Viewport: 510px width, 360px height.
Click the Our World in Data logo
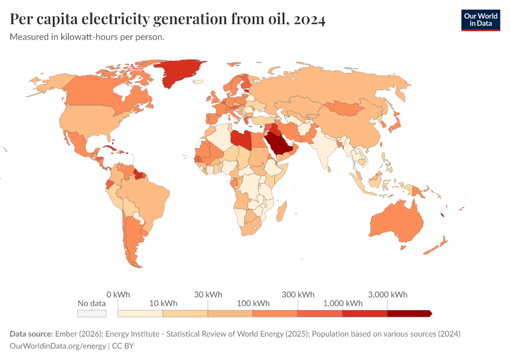click(480, 20)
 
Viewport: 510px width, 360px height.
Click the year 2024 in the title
click(309, 20)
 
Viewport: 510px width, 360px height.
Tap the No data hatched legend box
click(92, 313)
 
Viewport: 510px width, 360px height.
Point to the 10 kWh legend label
click(163, 303)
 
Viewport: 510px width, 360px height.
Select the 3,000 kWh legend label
click(388, 295)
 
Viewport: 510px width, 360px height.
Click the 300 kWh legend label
click(298, 295)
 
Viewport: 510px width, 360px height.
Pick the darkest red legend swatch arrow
click(410, 313)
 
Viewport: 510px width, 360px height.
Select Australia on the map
click(397, 223)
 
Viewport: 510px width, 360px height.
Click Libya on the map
click(241, 139)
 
